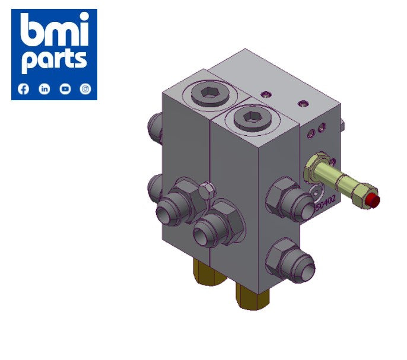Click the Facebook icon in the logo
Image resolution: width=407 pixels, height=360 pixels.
click(x=24, y=89)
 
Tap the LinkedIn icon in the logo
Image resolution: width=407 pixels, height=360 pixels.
click(x=44, y=89)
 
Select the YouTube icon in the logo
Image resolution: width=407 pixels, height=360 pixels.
click(x=65, y=89)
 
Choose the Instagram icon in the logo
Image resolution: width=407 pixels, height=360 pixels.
click(x=85, y=89)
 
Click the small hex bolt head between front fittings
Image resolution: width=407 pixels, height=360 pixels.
click(x=205, y=192)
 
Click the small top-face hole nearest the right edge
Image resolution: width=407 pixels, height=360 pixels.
click(x=304, y=104)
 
